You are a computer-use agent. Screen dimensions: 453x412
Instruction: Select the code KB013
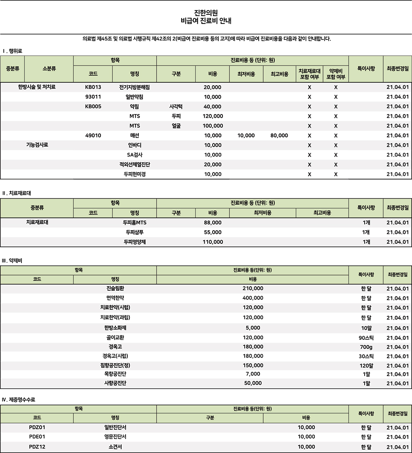click(93, 87)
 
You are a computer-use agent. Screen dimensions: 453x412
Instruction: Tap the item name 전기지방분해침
click(134, 87)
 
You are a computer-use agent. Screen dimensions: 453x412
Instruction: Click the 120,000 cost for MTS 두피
click(213, 116)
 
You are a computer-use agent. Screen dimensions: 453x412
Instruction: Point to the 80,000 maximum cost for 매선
click(279, 135)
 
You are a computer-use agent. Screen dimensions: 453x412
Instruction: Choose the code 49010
click(93, 135)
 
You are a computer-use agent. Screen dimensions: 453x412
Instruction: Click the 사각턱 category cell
click(176, 107)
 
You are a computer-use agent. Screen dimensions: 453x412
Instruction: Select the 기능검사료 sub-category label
click(37, 145)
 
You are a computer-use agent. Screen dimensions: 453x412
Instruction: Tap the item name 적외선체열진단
click(134, 164)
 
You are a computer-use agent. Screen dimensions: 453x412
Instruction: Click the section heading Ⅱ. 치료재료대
click(16, 193)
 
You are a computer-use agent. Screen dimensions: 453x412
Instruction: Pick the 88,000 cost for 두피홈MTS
click(213, 222)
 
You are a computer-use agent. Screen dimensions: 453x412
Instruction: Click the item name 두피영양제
click(134, 242)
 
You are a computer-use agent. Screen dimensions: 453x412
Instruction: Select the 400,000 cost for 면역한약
click(253, 298)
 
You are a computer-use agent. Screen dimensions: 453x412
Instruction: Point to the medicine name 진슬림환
click(115, 288)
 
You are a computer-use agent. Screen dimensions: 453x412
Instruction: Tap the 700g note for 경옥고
click(366, 347)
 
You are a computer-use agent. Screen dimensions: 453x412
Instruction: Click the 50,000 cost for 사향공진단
click(253, 383)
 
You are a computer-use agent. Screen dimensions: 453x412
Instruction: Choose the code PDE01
click(37, 437)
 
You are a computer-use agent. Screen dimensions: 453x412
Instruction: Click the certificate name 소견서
click(115, 447)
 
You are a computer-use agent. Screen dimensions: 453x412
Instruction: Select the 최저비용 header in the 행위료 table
click(246, 74)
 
